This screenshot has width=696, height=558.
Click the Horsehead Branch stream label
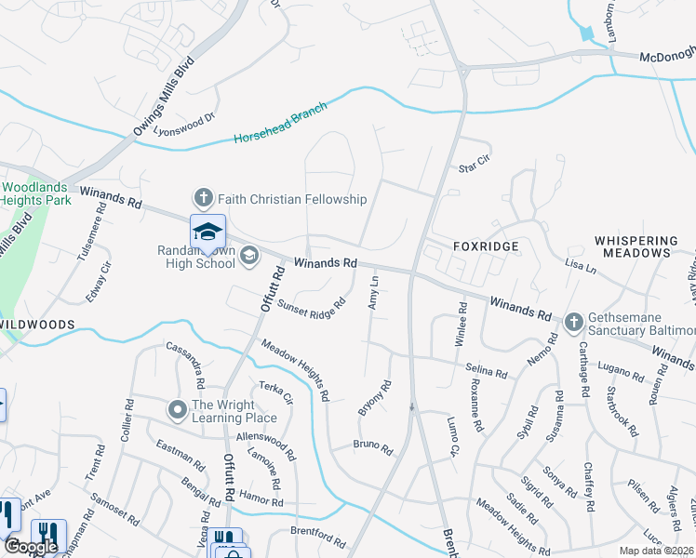[x=280, y=124]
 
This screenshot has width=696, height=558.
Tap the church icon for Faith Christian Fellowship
[x=203, y=198]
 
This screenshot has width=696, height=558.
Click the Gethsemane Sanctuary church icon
[x=573, y=322]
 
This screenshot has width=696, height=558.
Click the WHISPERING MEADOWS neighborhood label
[x=636, y=246]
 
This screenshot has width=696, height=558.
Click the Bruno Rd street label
[x=372, y=447]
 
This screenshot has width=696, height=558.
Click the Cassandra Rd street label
[x=185, y=365]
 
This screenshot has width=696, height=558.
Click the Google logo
[x=31, y=547]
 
